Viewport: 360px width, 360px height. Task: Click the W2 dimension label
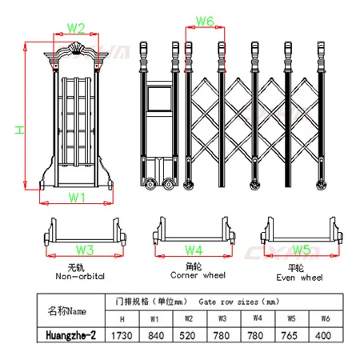pos(76,28)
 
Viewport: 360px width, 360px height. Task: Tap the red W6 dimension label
pos(205,20)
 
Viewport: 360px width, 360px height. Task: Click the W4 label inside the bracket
pos(194,249)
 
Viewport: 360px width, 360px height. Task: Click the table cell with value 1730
pos(122,336)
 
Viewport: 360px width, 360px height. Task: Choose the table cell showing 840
pos(155,336)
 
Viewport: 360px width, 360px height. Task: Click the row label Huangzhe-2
pos(71,336)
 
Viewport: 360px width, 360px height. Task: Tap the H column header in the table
pos(122,319)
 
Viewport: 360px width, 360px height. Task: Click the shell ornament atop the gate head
pos(78,47)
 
